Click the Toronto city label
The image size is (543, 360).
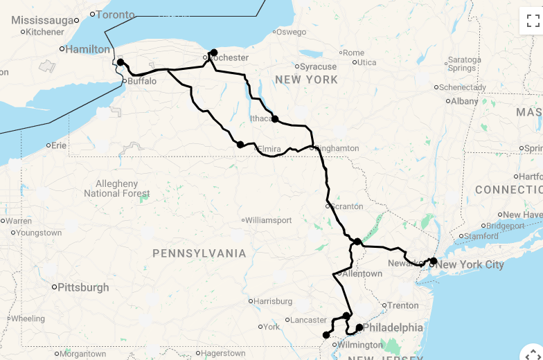(116, 14)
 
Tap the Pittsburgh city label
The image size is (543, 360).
(83, 287)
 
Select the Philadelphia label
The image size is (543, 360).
(393, 327)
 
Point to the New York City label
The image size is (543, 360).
(470, 264)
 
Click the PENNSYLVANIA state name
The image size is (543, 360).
(199, 253)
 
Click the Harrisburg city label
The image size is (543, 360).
(273, 301)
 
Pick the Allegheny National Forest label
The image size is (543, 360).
(116, 188)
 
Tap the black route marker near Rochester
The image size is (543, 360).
(214, 53)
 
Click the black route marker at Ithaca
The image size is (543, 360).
(275, 119)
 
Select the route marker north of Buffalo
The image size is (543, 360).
(121, 62)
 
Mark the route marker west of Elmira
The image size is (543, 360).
(240, 145)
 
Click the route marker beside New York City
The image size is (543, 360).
(433, 261)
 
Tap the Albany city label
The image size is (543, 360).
(465, 100)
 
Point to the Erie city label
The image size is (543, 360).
(59, 145)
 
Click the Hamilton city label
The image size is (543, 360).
(88, 49)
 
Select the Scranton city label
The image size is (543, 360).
(348, 206)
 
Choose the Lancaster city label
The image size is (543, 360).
(308, 320)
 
